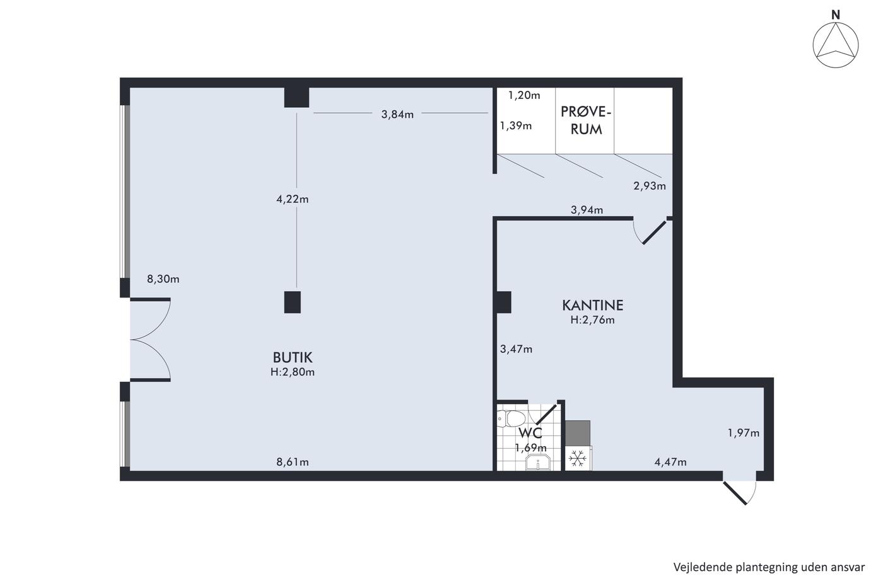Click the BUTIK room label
(293, 357)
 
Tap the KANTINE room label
(592, 305)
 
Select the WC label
(530, 433)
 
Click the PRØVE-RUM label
(586, 120)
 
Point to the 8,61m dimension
(293, 462)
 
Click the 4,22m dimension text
(293, 199)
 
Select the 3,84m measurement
(397, 115)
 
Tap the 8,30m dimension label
(163, 279)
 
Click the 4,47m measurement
(670, 462)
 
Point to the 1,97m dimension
(744, 433)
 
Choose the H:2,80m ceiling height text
(293, 372)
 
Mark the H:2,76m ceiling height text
(592, 320)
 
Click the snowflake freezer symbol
(578, 459)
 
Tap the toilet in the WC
(511, 419)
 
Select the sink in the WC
(537, 463)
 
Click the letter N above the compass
(836, 15)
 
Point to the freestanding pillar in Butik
(293, 302)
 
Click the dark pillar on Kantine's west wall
(504, 302)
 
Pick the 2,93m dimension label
(650, 186)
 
